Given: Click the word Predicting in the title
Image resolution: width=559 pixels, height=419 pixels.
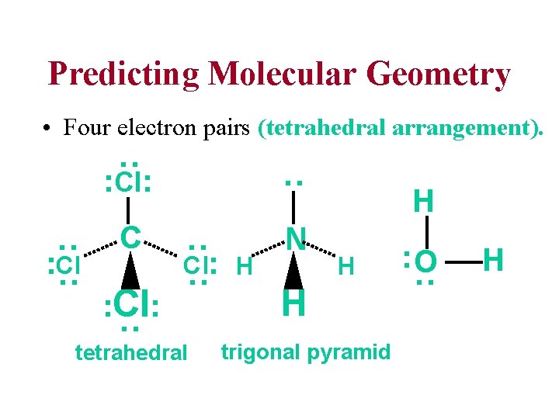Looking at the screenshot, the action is [x=123, y=75].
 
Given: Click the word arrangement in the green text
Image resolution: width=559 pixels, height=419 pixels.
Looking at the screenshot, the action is [x=470, y=127].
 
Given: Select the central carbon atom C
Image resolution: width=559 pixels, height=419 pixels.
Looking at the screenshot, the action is [x=130, y=237].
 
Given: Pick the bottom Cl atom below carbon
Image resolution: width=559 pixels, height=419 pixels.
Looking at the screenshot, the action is [x=132, y=304].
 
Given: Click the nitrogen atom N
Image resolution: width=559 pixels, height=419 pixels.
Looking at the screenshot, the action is [x=294, y=237].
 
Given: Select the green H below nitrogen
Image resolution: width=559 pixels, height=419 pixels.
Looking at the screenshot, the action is [x=294, y=303].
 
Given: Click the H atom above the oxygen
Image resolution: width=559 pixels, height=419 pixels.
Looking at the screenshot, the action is [x=423, y=202].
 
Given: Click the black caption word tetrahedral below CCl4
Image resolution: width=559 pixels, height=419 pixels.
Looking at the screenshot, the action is [x=131, y=354].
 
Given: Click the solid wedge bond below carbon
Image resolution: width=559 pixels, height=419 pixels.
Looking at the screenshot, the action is [x=130, y=272].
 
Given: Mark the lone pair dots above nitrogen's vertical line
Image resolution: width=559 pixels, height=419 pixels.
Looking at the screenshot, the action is [x=293, y=182].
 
